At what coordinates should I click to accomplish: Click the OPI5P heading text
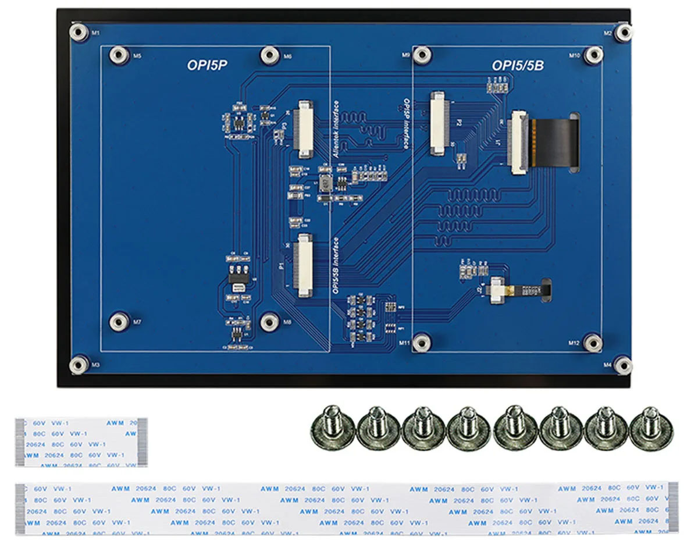point(206,66)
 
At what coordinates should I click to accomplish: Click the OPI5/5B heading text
point(518,66)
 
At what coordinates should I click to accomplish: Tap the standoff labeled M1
point(79,31)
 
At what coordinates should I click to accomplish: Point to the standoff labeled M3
point(79,365)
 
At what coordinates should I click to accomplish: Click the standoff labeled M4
point(623,365)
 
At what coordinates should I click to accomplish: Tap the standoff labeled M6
point(270,55)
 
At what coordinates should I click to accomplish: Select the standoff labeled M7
point(119,321)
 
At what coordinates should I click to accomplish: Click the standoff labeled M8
point(270,321)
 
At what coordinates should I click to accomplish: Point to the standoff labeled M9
point(423,55)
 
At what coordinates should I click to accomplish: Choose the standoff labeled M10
point(593,55)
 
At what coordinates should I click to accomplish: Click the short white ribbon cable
point(81,442)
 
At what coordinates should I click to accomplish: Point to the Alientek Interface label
point(336,127)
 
